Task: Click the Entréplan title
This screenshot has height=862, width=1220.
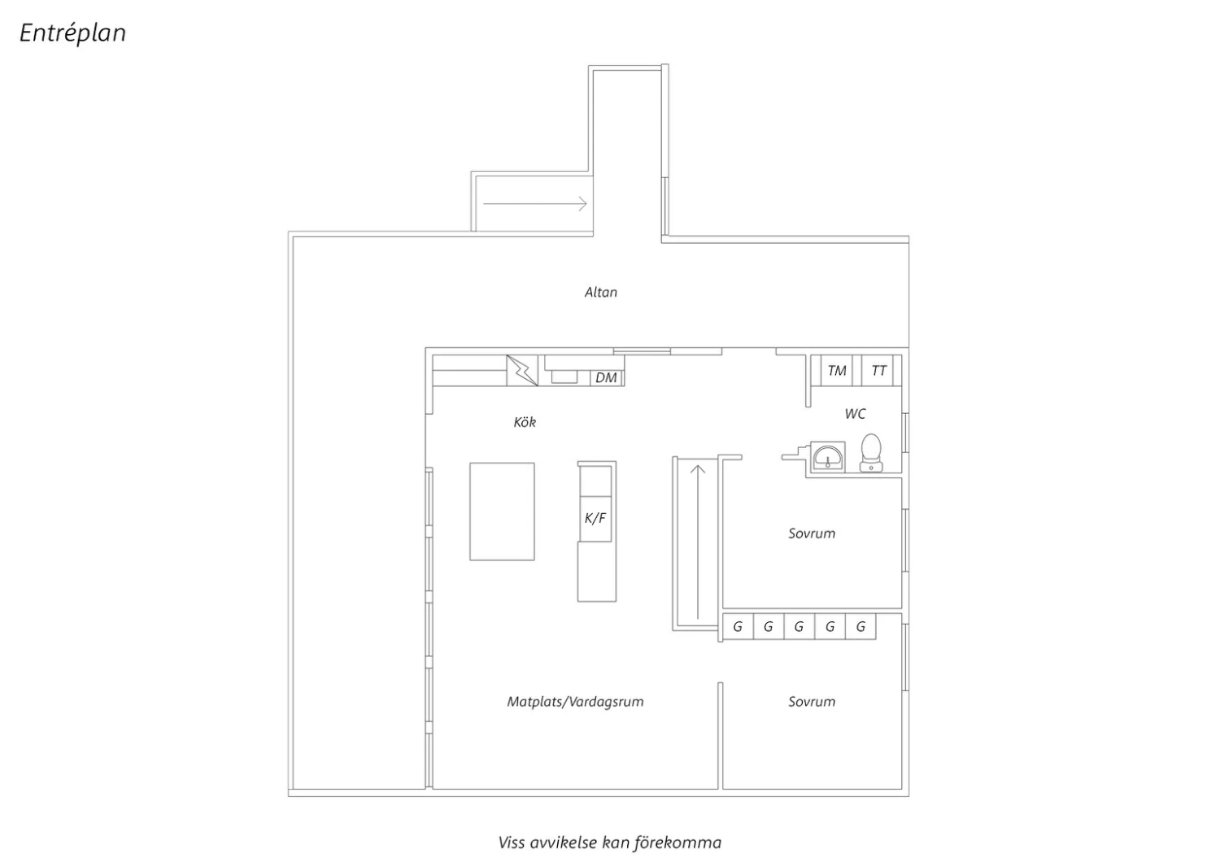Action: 72,33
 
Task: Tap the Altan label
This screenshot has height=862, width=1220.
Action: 601,293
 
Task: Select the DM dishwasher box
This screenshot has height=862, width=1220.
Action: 606,377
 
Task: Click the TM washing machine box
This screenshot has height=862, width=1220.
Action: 837,370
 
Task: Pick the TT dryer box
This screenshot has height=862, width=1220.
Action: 878,370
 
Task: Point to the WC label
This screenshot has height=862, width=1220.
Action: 855,414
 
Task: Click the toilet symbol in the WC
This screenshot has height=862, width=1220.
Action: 871,452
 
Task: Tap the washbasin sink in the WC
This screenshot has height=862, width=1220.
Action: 828,457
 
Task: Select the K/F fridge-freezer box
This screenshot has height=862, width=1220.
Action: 595,518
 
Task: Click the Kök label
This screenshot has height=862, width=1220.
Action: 525,422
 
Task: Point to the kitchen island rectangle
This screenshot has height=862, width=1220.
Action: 502,512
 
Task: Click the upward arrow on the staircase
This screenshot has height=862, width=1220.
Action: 698,542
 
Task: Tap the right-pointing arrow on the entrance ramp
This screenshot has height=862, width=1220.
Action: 535,204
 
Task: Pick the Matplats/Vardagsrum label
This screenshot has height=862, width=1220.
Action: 575,702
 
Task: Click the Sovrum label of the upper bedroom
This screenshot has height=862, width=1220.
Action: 812,533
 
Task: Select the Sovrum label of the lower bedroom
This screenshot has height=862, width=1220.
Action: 812,701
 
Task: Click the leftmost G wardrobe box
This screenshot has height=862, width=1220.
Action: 738,627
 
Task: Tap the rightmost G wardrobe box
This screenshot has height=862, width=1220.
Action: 861,627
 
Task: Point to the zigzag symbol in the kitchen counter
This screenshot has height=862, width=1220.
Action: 522,371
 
